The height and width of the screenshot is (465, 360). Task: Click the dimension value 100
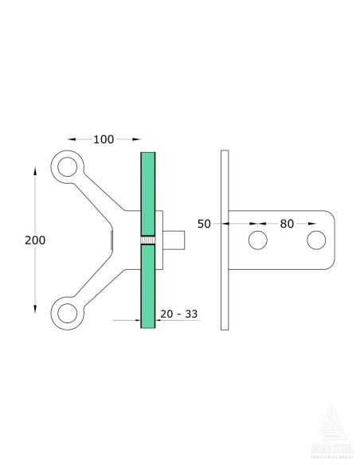[x=104, y=139]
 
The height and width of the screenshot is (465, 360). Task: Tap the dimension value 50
[x=204, y=224]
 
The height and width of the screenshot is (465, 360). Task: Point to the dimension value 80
[x=287, y=224]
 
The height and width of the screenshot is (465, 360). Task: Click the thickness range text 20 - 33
[x=179, y=314]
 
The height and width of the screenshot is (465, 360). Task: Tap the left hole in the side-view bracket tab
[x=257, y=240]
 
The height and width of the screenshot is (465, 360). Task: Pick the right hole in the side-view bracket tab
[x=316, y=240]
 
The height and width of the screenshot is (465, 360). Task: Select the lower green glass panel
[x=149, y=287]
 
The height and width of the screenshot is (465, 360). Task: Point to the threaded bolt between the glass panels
[x=148, y=240]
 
